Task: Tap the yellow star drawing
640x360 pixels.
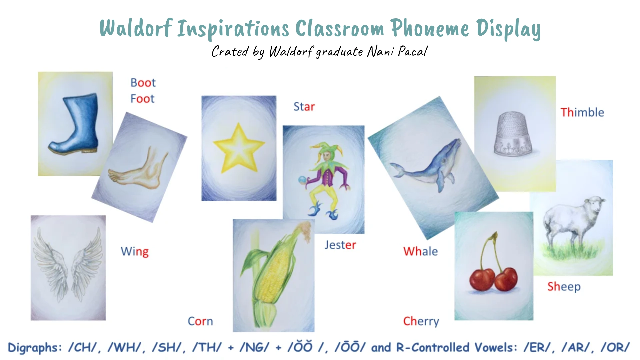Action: coord(239,149)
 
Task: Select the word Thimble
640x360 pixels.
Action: coord(582,112)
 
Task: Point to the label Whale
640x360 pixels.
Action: coord(420,251)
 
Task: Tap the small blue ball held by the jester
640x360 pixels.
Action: coord(302,180)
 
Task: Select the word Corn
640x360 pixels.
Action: coord(200,321)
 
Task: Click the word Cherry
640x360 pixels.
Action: coord(421,321)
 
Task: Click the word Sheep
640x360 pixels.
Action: coord(564,287)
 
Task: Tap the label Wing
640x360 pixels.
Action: coord(135,251)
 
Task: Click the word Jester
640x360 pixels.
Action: coord(340,245)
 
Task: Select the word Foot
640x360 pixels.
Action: coord(142,99)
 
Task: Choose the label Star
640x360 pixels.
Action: coord(304,107)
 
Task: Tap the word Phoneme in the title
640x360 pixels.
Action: coord(430,28)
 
